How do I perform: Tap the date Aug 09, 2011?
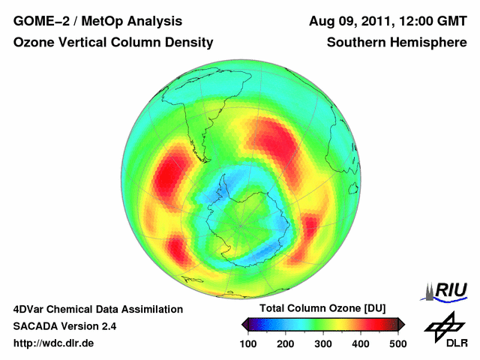coord(349,21)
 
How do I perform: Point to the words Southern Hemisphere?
coord(396,43)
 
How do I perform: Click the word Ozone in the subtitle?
coord(34,43)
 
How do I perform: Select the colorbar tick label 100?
coord(248,343)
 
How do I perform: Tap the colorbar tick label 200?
coord(286,343)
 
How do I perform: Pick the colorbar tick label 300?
coord(323,343)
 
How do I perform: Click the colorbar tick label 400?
coord(361,343)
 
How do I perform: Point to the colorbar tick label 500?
coord(397,343)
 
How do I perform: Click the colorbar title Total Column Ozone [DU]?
coord(322,309)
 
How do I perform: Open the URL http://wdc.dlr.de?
coord(54,343)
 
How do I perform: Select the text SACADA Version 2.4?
coord(65,326)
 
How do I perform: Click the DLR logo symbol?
coord(443,325)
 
